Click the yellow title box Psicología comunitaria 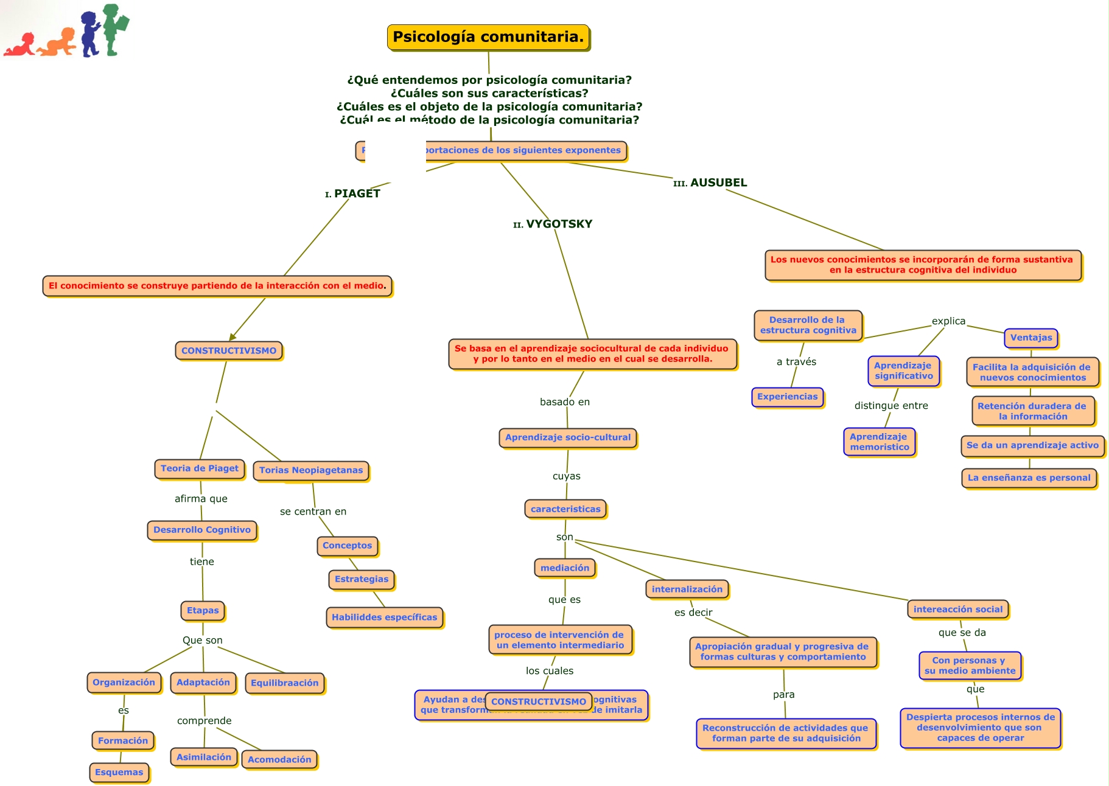(x=488, y=37)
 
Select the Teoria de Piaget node (x=200, y=468)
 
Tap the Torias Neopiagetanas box (x=311, y=470)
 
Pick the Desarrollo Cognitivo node (x=202, y=530)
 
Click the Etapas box (x=203, y=611)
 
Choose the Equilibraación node (x=284, y=683)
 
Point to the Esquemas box (x=119, y=773)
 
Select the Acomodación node (x=279, y=760)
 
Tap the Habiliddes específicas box (x=385, y=617)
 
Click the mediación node (x=565, y=568)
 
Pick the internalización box (x=687, y=589)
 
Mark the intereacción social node (x=958, y=609)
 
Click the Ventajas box (x=1031, y=338)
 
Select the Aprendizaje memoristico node (x=880, y=442)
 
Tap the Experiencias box (x=788, y=397)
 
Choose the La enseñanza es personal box (x=1029, y=478)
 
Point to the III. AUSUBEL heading (x=710, y=183)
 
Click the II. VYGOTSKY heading (x=553, y=224)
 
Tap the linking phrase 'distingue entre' (x=891, y=406)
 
